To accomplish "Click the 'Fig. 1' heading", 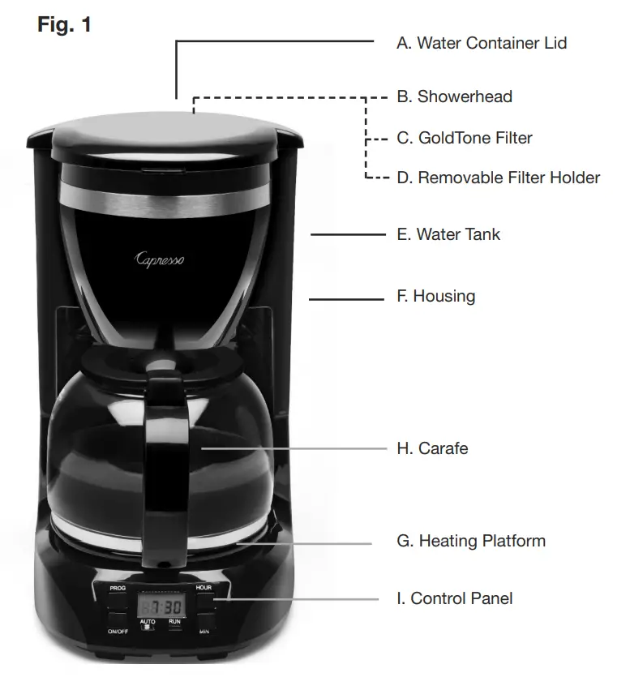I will click(65, 25).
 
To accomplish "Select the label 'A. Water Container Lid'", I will click(481, 43).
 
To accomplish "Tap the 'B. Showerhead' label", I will click(454, 96).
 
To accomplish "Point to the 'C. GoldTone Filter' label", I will click(464, 138).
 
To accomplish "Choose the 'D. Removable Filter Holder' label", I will click(498, 178).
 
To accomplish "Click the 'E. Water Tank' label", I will click(448, 234).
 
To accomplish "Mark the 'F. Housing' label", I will click(435, 296).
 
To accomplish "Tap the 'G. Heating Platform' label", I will click(470, 541).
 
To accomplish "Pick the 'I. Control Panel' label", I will click(454, 599).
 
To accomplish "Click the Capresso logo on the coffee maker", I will click(159, 259).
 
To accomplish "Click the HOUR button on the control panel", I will click(204, 599).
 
